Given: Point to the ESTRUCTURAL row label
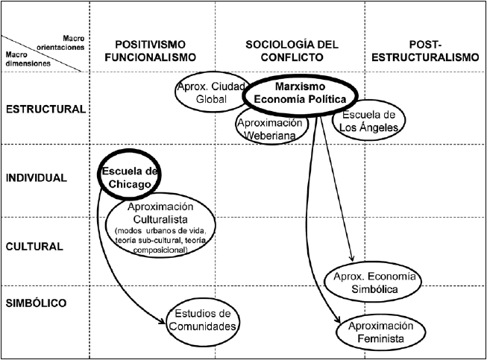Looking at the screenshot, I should (x=45, y=109).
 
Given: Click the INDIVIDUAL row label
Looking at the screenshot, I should (x=37, y=177).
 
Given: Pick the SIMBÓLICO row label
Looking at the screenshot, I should (x=37, y=303).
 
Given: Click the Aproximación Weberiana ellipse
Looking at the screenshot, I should (x=271, y=127).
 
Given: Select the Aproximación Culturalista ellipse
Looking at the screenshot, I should (x=160, y=227).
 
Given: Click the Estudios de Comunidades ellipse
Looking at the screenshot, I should (x=203, y=319).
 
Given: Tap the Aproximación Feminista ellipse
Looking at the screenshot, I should (x=381, y=332).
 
